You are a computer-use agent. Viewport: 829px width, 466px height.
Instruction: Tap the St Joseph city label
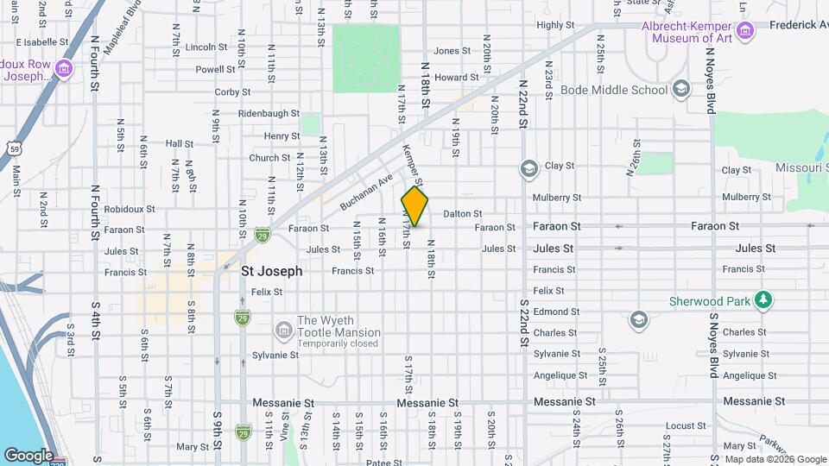[271, 271]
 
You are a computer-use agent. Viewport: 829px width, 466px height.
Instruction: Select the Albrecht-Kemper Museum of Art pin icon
[745, 32]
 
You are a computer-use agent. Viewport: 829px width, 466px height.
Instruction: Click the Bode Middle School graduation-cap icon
[681, 89]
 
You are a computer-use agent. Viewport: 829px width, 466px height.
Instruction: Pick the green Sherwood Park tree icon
[763, 300]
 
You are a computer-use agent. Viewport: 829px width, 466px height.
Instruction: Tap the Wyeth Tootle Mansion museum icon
[283, 330]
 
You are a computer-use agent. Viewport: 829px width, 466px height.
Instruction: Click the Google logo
[28, 455]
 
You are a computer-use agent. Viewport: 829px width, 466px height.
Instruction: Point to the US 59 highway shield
[15, 149]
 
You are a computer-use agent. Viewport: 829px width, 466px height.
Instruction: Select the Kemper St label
[413, 167]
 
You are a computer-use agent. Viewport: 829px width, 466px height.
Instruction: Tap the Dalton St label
[462, 213]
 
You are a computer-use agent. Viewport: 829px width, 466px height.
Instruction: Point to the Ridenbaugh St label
[269, 113]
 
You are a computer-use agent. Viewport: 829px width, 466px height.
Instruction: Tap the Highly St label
[555, 25]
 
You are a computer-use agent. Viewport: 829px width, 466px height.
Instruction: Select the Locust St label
[686, 425]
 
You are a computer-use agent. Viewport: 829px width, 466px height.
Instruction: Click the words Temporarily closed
[338, 343]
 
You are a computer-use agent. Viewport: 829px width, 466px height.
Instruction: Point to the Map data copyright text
[775, 459]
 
